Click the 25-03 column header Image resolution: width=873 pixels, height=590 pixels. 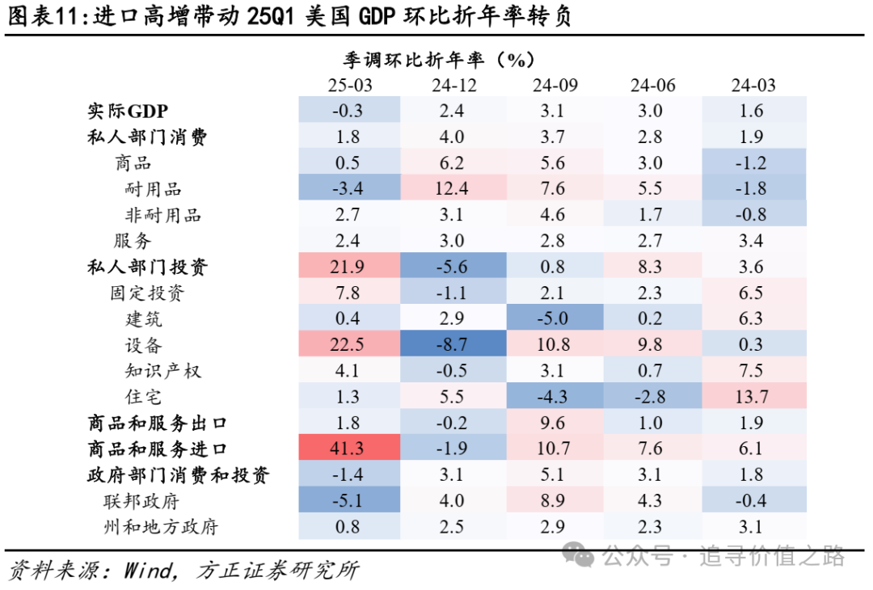pyautogui.click(x=349, y=86)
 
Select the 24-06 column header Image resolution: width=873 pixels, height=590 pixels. pyautogui.click(x=652, y=86)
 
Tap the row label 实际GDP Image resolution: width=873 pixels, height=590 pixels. pyautogui.click(x=128, y=112)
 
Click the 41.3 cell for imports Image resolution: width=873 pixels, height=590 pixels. pyautogui.click(x=349, y=449)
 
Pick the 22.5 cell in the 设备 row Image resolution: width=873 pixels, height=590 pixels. pyautogui.click(x=349, y=345)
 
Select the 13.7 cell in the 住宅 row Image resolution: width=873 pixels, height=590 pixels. pyautogui.click(x=753, y=397)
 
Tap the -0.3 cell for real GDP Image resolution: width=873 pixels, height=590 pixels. pyautogui.click(x=349, y=112)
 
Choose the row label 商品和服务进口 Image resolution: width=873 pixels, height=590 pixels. pyautogui.click(x=158, y=449)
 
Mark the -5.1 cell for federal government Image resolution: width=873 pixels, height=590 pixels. pyautogui.click(x=349, y=501)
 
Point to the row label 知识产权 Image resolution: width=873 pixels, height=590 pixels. pyautogui.click(x=162, y=371)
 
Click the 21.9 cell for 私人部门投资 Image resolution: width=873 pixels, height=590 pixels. pyautogui.click(x=349, y=268)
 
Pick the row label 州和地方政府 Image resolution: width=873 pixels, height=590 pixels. pyautogui.click(x=161, y=528)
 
